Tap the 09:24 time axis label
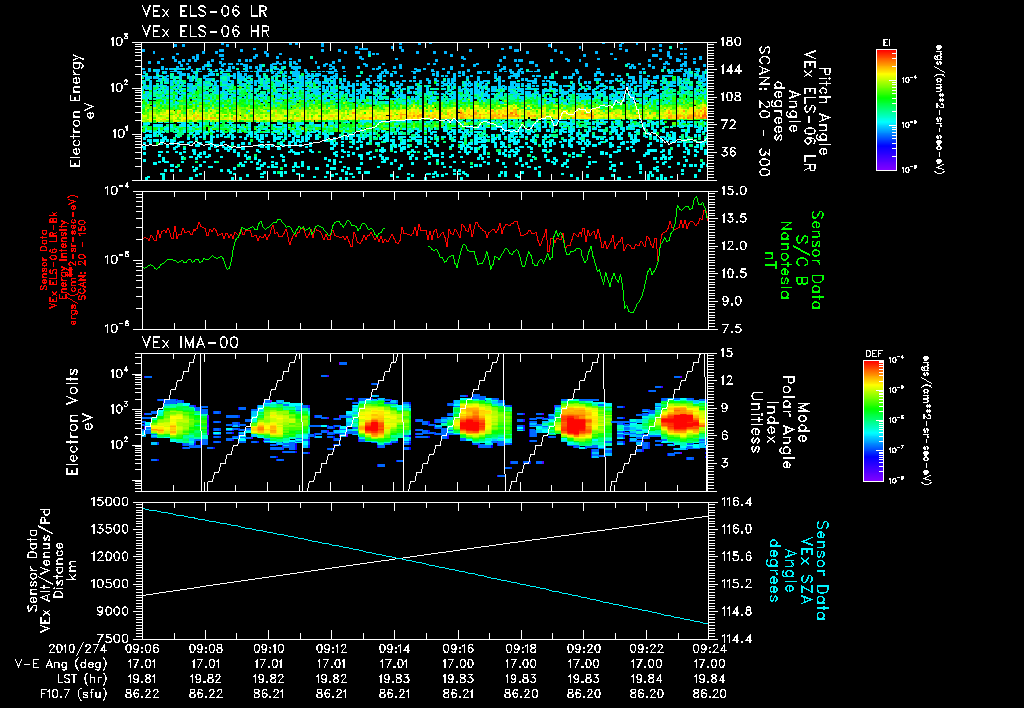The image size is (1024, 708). pyautogui.click(x=710, y=647)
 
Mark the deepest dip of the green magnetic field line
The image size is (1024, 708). pyautogui.click(x=630, y=311)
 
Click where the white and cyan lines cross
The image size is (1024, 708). pyautogui.click(x=401, y=558)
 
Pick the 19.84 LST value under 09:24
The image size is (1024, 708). pyautogui.click(x=710, y=677)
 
